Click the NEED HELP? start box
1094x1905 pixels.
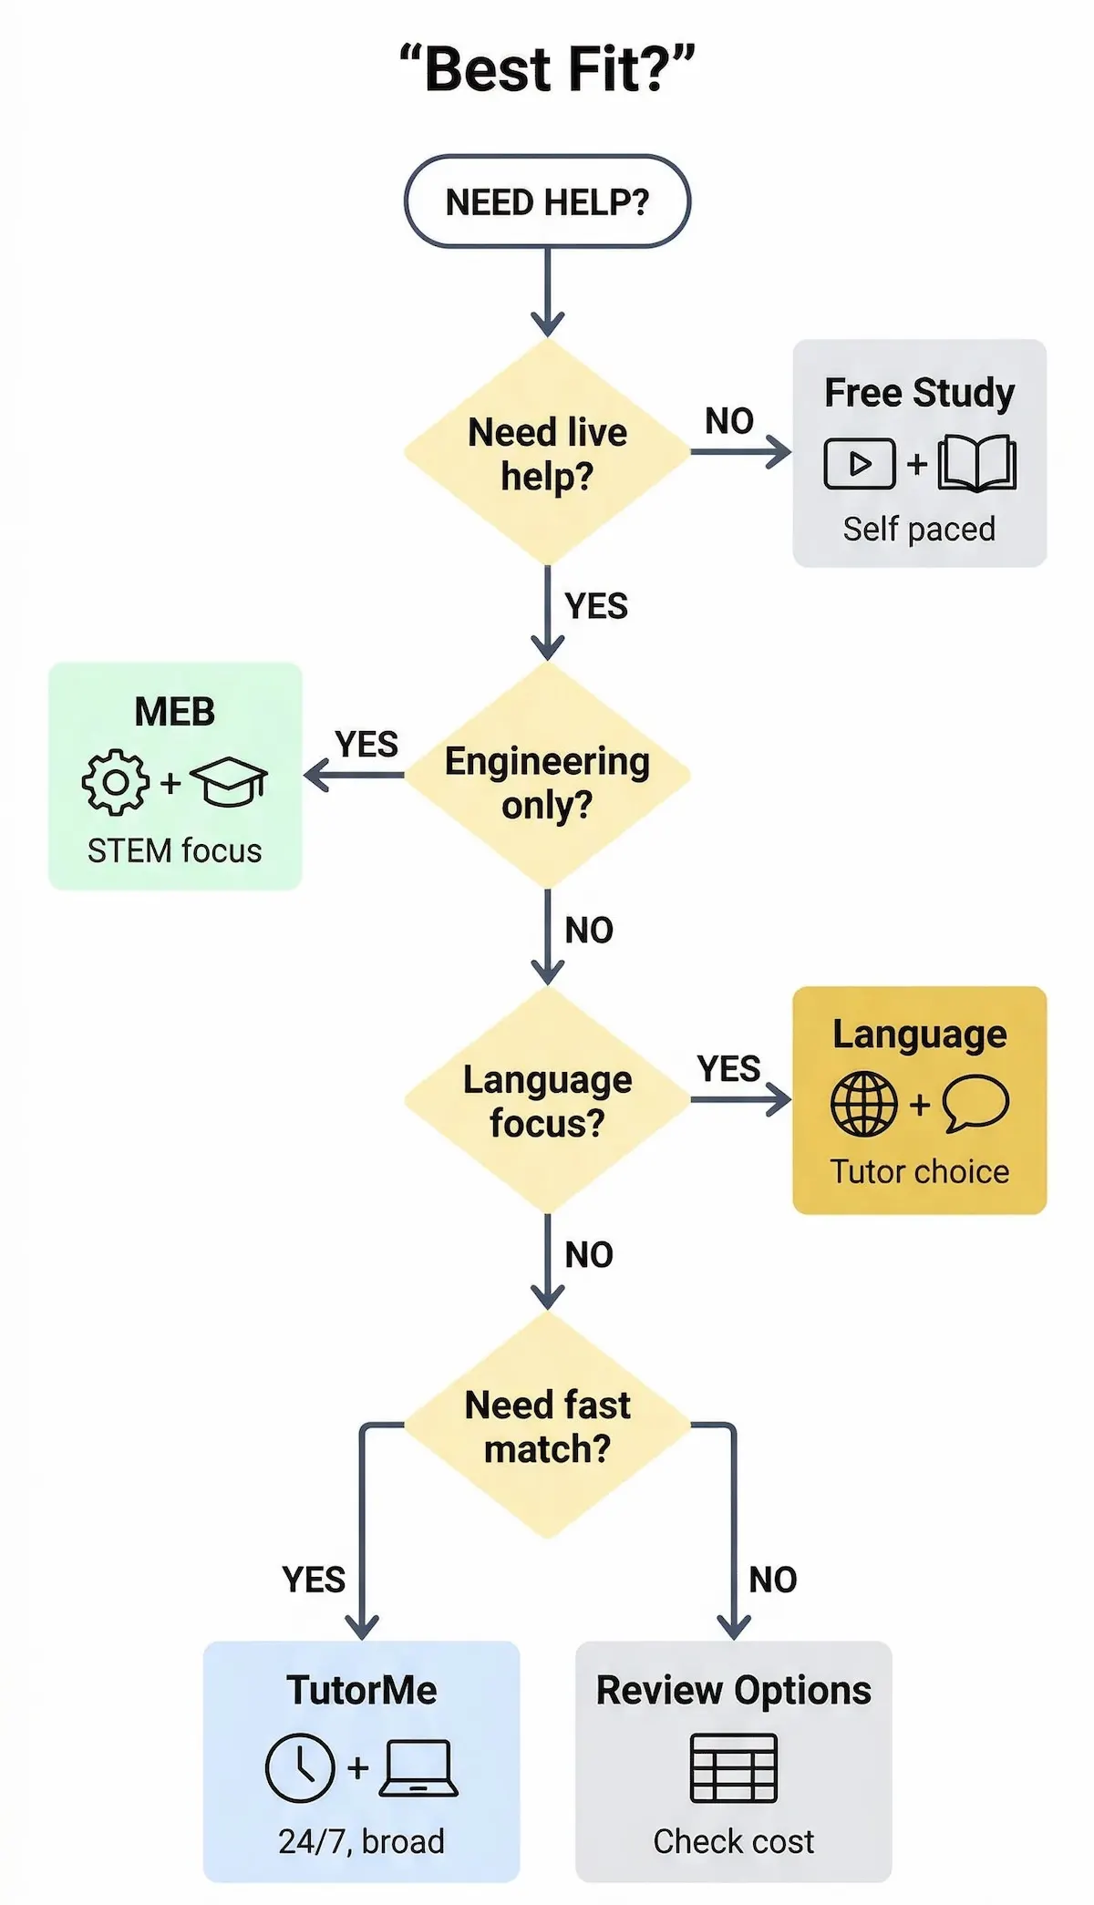[x=547, y=201]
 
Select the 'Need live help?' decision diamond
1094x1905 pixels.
[x=547, y=453]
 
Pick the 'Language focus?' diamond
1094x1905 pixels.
[x=547, y=1100]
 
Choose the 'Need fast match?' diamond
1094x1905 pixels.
[x=547, y=1426]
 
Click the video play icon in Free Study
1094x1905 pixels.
[x=860, y=464]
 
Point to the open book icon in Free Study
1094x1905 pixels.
[x=977, y=463]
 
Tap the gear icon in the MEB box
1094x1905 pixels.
[x=116, y=782]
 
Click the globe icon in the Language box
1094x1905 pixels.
[x=863, y=1104]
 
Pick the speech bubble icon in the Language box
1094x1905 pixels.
[x=975, y=1103]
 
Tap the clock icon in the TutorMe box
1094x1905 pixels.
[x=300, y=1767]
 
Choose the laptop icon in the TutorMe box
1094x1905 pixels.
[x=418, y=1768]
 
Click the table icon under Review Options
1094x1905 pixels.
[x=734, y=1768]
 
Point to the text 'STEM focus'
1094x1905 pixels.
[x=174, y=850]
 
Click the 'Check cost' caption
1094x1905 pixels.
[x=734, y=1841]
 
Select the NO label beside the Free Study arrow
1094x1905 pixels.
[x=729, y=421]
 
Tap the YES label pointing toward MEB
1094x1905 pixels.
[x=366, y=744]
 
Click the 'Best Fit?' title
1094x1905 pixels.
[x=547, y=70]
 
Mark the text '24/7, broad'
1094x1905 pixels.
[x=361, y=1841]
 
